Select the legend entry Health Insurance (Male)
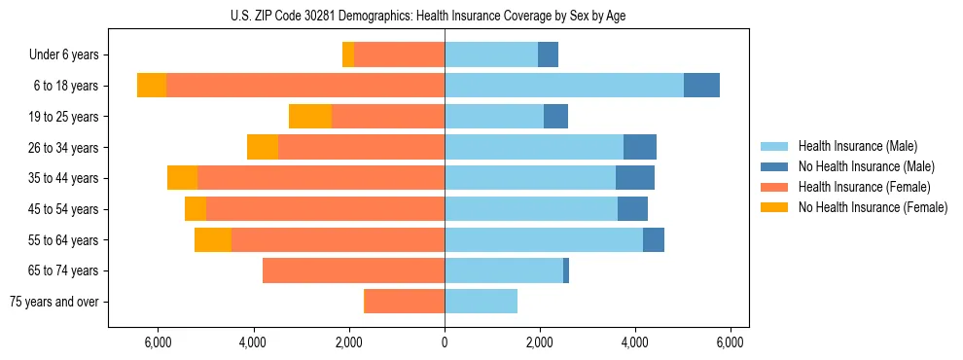[x=857, y=146]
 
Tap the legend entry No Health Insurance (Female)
[x=873, y=207]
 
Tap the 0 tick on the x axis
[x=445, y=342]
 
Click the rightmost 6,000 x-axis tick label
[x=731, y=342]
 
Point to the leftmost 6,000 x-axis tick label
[x=158, y=342]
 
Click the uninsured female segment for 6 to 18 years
[x=152, y=86]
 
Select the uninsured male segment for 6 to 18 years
[x=701, y=86]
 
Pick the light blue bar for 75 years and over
[x=481, y=302]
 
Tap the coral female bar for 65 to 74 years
[x=353, y=270]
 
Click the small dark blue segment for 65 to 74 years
[x=566, y=270]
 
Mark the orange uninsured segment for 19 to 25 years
[x=310, y=117]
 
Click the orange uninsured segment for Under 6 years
[x=348, y=55]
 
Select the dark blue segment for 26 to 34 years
[x=640, y=147]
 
